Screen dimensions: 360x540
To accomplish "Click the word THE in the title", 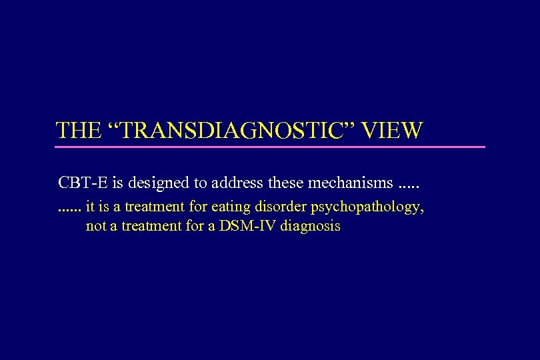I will coord(77,130).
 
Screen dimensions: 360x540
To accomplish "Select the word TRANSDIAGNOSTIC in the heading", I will coord(233,130).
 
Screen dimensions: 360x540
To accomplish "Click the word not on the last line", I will coord(96,226).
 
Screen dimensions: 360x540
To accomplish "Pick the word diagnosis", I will coord(310,227).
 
